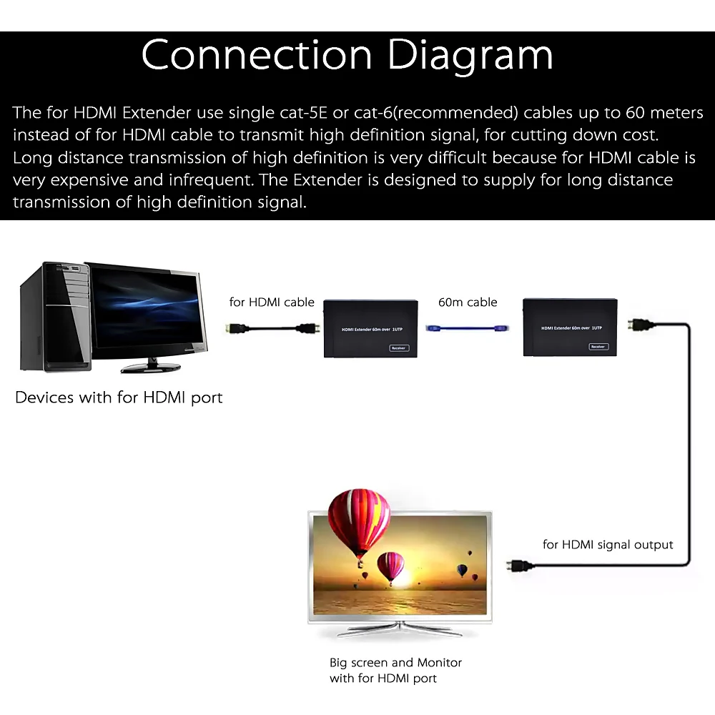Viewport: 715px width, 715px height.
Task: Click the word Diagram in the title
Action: (x=470, y=56)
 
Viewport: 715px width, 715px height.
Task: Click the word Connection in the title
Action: (x=257, y=54)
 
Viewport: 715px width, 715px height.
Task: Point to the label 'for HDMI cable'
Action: (x=272, y=302)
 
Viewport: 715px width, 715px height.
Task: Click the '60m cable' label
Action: (x=468, y=302)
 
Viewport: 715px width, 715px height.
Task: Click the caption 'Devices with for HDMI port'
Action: (x=119, y=398)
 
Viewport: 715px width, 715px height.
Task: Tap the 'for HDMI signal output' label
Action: (x=608, y=544)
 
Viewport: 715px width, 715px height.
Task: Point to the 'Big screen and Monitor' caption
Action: (x=395, y=663)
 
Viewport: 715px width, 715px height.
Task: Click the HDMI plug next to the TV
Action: (x=521, y=566)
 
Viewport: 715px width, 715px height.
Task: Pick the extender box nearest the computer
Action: (x=370, y=328)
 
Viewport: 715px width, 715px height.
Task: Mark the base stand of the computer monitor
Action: (x=151, y=368)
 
